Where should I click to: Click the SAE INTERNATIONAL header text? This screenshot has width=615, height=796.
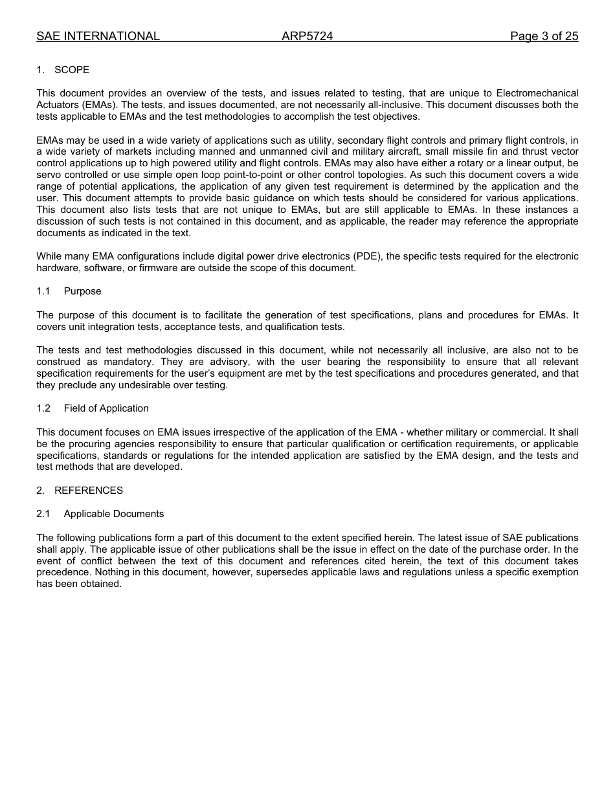coord(98,36)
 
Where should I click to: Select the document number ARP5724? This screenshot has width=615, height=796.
coord(307,36)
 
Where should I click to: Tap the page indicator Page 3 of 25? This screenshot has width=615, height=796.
coord(544,36)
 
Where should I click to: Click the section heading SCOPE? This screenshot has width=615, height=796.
coord(72,70)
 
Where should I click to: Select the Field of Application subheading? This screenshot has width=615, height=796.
coord(106,408)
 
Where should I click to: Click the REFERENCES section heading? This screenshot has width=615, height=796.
coord(89,491)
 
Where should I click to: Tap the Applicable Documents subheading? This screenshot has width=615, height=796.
coord(114,514)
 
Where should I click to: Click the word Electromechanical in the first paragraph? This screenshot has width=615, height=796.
coord(537,93)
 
